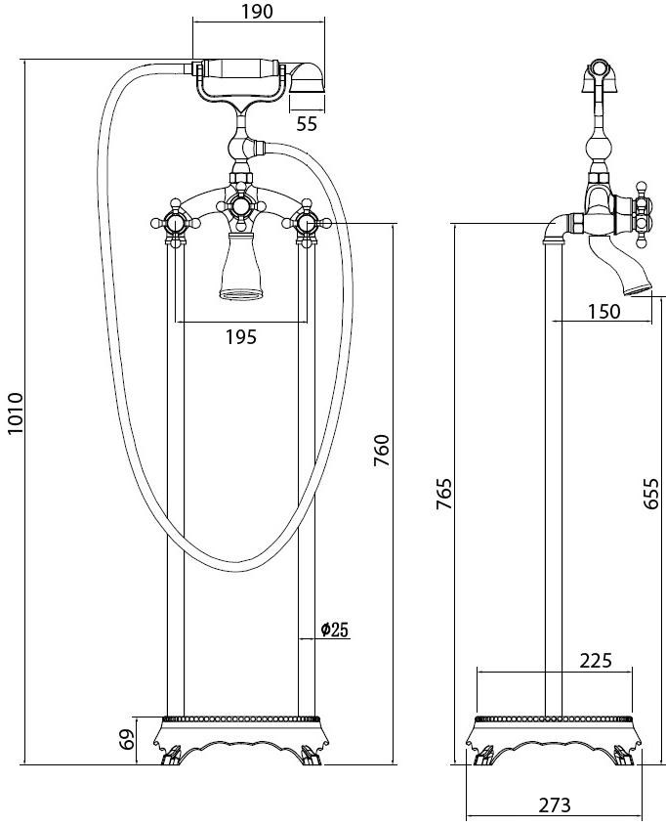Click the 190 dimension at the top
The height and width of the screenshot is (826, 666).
pos(257,11)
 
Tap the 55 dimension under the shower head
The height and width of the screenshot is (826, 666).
pos(307,124)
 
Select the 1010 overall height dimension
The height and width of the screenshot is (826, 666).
pos(16,413)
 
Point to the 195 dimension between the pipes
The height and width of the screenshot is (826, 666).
pos(241,336)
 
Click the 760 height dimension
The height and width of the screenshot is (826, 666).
pos(382,450)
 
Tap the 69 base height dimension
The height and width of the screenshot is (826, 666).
pos(127,740)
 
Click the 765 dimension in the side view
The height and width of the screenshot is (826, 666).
pos(444,494)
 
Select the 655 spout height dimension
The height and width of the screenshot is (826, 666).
pos(650,493)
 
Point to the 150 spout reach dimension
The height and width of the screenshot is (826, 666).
pos(604,311)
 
